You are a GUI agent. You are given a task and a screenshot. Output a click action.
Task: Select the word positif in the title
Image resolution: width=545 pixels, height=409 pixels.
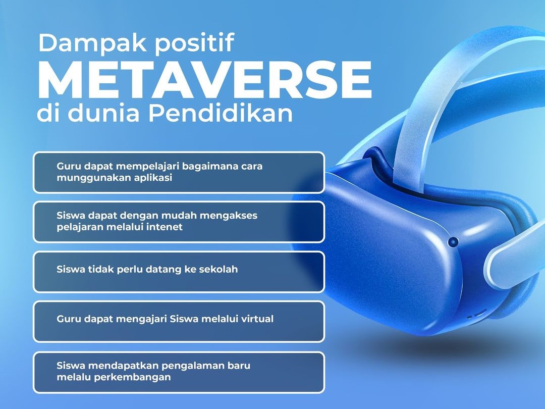coord(195,44)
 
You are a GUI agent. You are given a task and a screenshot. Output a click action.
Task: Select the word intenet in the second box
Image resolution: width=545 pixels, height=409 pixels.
coord(166,227)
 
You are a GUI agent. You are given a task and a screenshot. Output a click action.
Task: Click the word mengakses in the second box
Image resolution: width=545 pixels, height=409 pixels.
coord(229,216)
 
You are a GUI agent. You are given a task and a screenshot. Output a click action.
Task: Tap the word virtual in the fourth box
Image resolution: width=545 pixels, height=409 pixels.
coord(256,319)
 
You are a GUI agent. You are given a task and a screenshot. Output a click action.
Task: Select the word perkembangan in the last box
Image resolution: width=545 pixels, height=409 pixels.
coord(135,377)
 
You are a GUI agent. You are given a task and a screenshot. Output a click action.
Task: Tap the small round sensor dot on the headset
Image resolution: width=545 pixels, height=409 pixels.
coord(453,242)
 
